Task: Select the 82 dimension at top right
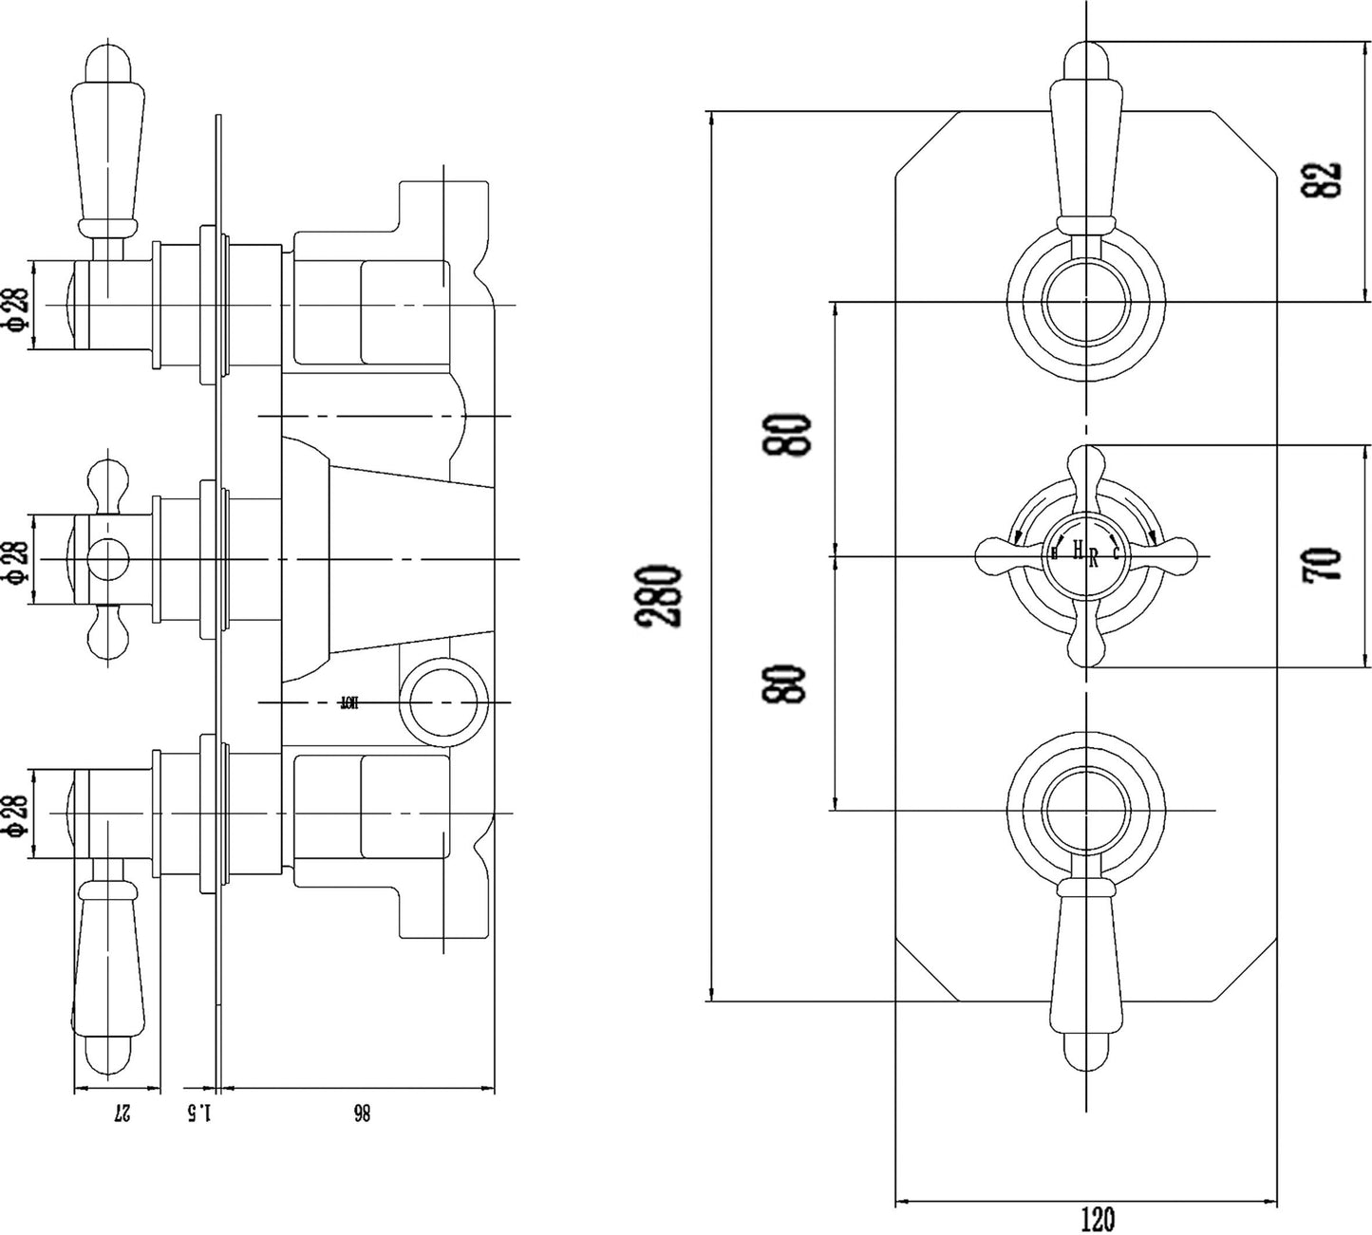point(1328,179)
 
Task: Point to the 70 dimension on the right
point(1328,563)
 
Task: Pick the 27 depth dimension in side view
point(121,1113)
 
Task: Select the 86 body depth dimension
point(360,1113)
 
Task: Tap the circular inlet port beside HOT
point(444,703)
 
